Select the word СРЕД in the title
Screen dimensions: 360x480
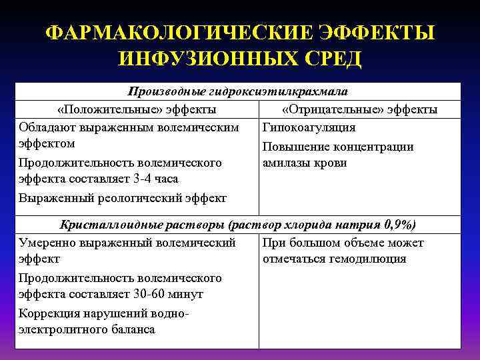click(x=331, y=59)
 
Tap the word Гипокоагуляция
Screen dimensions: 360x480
click(x=309, y=127)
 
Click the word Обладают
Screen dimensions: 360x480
click(x=47, y=127)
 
